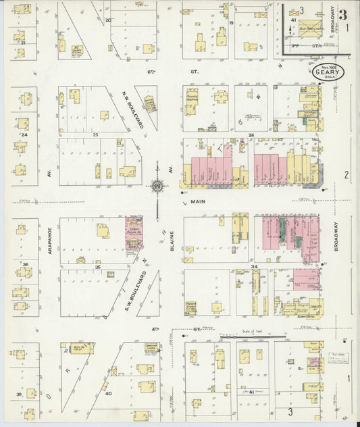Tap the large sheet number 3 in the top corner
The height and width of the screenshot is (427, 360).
[344, 14]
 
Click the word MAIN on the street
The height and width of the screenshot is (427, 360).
[197, 202]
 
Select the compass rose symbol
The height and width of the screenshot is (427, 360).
[157, 186]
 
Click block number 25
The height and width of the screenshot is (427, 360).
[96, 134]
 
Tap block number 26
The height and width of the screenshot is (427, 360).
[251, 134]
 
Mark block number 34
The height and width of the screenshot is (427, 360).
[255, 267]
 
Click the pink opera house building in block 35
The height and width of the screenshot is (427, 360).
[134, 233]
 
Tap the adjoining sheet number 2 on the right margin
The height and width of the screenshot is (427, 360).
[346, 175]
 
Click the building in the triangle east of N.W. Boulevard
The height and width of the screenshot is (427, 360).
[149, 103]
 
